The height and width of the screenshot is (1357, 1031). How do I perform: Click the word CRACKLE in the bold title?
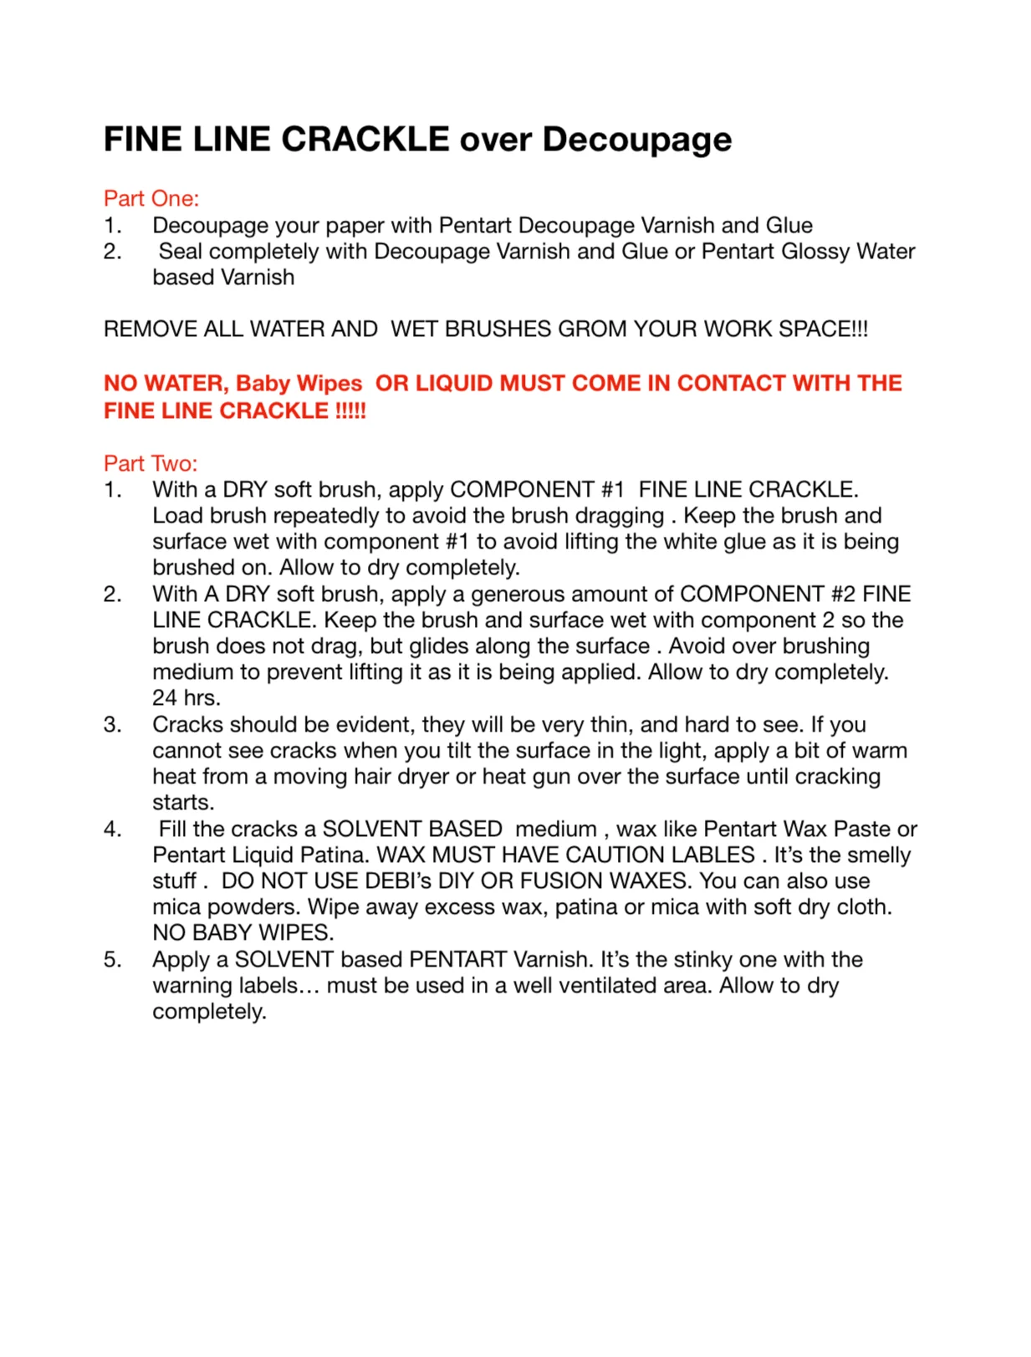tap(365, 139)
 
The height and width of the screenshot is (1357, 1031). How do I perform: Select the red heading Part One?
tap(151, 198)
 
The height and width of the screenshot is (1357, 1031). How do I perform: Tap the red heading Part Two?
tap(151, 463)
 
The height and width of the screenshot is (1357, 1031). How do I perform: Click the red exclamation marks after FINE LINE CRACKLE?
tap(350, 411)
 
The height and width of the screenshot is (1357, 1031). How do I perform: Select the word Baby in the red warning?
tap(263, 383)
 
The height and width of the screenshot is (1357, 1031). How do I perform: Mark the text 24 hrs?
tap(186, 697)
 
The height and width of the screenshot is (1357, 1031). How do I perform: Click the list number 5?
tap(112, 959)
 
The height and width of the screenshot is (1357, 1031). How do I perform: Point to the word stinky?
tap(707, 959)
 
